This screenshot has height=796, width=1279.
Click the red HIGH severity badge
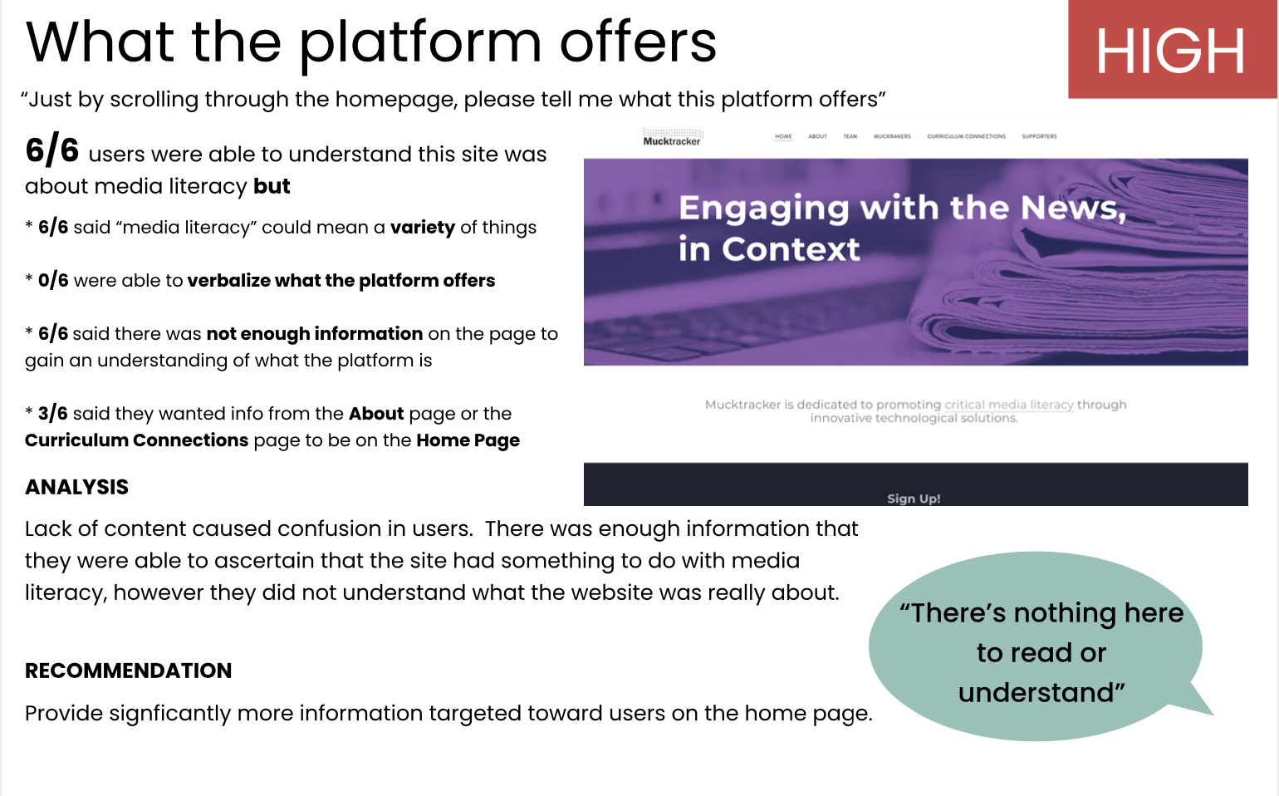tap(1172, 49)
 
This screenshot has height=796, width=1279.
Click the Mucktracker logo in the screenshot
tap(672, 138)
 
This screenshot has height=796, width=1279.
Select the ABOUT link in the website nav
tap(817, 136)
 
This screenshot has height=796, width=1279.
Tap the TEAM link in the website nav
tap(850, 136)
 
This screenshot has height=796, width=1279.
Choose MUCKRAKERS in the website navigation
tap(892, 136)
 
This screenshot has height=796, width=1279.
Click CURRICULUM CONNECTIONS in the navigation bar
tap(966, 136)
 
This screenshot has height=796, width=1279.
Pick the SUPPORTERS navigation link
tap(1039, 136)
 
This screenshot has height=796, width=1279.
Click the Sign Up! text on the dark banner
tap(914, 499)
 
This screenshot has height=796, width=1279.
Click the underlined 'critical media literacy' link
tap(1009, 405)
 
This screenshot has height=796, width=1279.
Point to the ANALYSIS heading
tap(76, 487)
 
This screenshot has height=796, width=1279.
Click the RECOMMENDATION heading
tap(129, 671)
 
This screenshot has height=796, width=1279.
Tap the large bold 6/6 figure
tap(52, 151)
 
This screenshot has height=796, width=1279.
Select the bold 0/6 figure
tap(53, 281)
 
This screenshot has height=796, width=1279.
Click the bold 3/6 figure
tap(52, 413)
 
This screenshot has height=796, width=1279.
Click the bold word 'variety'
tap(423, 228)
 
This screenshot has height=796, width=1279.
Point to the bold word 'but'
tap(272, 186)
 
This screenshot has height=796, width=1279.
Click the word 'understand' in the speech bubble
tap(1041, 693)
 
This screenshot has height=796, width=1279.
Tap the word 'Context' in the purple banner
tap(791, 249)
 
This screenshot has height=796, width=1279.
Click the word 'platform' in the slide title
tap(420, 43)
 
